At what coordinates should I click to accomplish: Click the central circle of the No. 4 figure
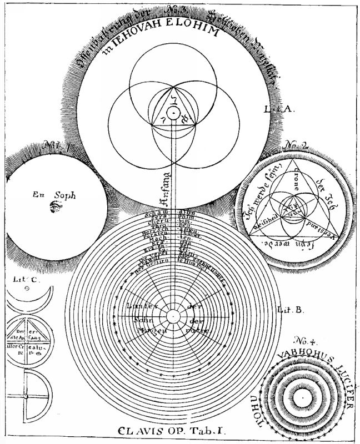click(x=301, y=398)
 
